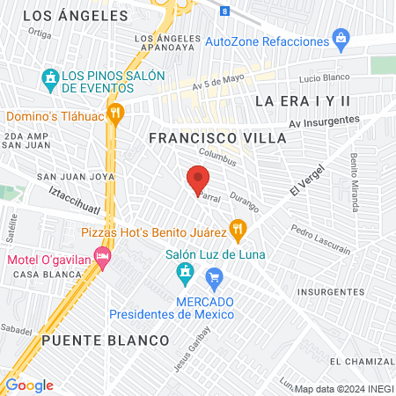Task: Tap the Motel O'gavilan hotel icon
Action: [x=102, y=259]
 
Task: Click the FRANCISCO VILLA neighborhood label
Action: [x=217, y=138]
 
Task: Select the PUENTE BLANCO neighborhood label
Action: [x=105, y=340]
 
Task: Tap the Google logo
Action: [x=29, y=385]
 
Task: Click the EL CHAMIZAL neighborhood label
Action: [x=362, y=362]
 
